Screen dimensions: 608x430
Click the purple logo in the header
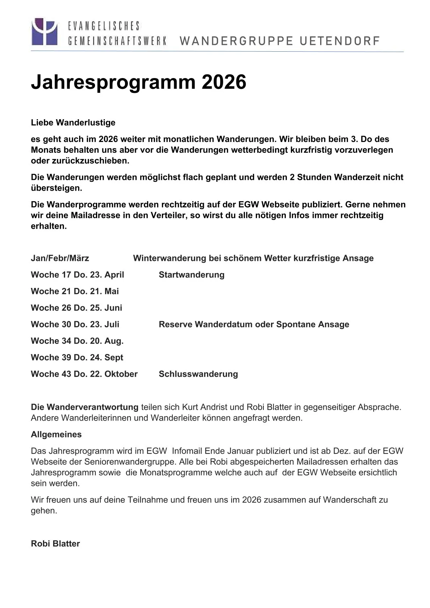[x=44, y=31]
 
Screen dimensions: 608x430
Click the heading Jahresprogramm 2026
[x=138, y=82]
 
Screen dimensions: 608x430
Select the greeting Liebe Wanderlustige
[x=73, y=123]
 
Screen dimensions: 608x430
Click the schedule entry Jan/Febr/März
[x=60, y=258]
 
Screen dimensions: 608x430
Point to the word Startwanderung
[x=192, y=275]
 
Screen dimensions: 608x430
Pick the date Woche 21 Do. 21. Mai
[x=75, y=292]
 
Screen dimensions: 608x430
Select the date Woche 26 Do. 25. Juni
[x=77, y=308]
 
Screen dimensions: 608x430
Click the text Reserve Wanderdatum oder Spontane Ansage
[x=254, y=324]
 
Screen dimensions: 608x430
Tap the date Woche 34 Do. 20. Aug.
[x=77, y=341]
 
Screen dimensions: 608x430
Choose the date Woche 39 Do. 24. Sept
[x=77, y=358]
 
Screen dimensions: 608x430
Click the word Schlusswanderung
[x=198, y=374]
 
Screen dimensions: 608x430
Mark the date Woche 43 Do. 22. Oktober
[x=84, y=374]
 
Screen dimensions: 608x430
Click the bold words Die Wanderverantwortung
[x=85, y=407]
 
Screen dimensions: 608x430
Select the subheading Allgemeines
[x=56, y=435]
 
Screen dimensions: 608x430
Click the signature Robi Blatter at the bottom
[x=55, y=544]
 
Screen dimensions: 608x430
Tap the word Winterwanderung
[x=169, y=258]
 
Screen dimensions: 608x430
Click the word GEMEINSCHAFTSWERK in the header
[x=117, y=41]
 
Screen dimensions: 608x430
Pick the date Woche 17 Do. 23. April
[x=77, y=275]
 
